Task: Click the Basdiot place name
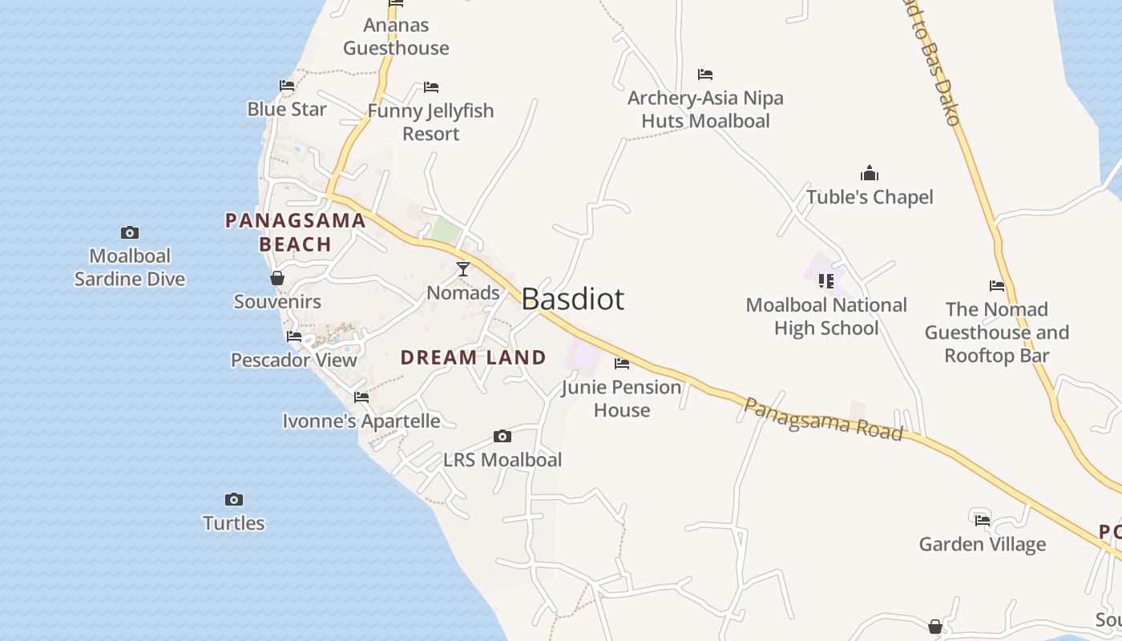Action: (572, 299)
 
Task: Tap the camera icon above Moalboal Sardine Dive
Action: (129, 233)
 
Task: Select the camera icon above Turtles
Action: (233, 500)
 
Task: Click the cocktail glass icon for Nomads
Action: (463, 269)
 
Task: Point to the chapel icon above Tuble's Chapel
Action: (870, 173)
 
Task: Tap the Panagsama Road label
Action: (823, 418)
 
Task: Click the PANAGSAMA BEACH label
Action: (295, 232)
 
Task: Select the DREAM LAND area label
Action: (473, 357)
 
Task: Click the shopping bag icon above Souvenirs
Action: (277, 278)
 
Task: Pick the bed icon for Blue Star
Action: (287, 86)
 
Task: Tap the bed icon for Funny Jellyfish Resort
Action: (431, 87)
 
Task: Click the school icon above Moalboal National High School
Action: (826, 281)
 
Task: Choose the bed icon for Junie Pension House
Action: (622, 364)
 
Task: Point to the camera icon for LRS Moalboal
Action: (502, 437)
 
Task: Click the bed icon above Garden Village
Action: (983, 521)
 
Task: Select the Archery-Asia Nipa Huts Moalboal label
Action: (705, 110)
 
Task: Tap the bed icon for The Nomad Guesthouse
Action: (997, 286)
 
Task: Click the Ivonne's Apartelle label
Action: (361, 421)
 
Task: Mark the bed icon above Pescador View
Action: (294, 337)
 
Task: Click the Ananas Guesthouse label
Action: (396, 37)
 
